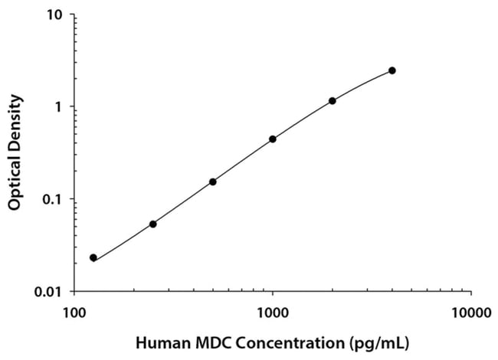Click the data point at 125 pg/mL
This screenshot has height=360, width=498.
point(93,258)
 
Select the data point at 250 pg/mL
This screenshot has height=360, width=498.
point(153,224)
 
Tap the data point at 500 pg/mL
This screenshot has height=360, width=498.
point(213,182)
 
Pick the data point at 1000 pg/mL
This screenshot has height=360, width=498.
point(273,139)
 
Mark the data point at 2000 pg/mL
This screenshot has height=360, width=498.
point(333,101)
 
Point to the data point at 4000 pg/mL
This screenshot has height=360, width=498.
point(392,70)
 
